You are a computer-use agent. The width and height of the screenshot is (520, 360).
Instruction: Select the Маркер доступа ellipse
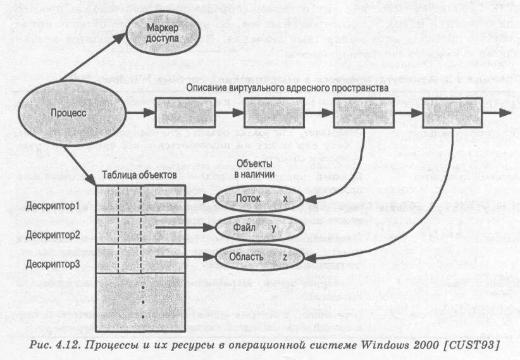pos(163,34)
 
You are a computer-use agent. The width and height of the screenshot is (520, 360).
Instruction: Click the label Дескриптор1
pos(53,206)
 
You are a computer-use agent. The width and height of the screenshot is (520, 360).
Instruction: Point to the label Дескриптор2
pos(53,235)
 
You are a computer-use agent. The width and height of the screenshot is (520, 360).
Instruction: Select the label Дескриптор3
pos(53,264)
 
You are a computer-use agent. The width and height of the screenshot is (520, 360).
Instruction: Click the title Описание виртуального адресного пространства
pos(287,87)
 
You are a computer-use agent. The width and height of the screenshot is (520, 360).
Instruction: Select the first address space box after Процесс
pos(187,114)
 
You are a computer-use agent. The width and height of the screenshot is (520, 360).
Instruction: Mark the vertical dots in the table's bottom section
pos(144,302)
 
